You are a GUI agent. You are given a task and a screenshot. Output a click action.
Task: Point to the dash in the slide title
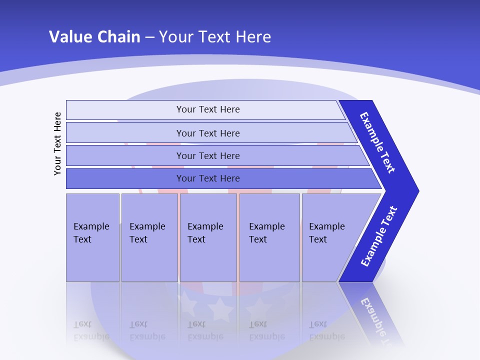[x=149, y=37]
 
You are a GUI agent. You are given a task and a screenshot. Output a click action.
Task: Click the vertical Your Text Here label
[x=57, y=143]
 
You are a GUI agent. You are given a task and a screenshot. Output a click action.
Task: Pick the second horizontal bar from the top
[x=208, y=133]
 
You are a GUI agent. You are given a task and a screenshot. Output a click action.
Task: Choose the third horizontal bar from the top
[x=208, y=155]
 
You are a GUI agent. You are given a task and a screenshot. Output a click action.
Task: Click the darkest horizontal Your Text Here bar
[x=208, y=178]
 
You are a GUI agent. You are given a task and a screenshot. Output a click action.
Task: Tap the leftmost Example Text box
[x=92, y=235]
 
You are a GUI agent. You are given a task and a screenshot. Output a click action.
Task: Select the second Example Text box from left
[x=149, y=235]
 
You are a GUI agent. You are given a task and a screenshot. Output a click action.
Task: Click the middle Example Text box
[x=208, y=235]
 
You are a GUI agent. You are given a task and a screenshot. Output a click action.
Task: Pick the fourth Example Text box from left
[x=269, y=235]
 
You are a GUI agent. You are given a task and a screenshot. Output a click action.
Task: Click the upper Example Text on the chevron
[x=377, y=142]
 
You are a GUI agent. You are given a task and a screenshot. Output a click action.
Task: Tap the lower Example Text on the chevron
[x=378, y=236]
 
